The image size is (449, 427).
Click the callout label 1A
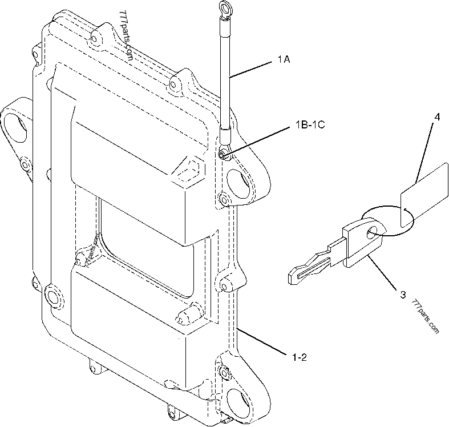(283, 59)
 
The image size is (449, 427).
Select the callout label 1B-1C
(310, 124)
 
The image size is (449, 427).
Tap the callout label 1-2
(299, 357)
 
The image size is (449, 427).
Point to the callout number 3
(403, 295)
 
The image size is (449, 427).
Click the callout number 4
(436, 117)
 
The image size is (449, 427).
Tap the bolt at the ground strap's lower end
(222, 155)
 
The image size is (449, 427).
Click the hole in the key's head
(373, 232)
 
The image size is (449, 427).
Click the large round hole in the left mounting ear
(16, 127)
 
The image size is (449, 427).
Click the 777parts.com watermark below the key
(425, 317)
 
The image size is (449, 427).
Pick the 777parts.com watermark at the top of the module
(127, 35)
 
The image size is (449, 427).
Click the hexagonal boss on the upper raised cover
(189, 171)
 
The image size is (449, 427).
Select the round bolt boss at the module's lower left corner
(53, 297)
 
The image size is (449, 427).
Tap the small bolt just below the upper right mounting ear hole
(223, 198)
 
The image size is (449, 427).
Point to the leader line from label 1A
(250, 70)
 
